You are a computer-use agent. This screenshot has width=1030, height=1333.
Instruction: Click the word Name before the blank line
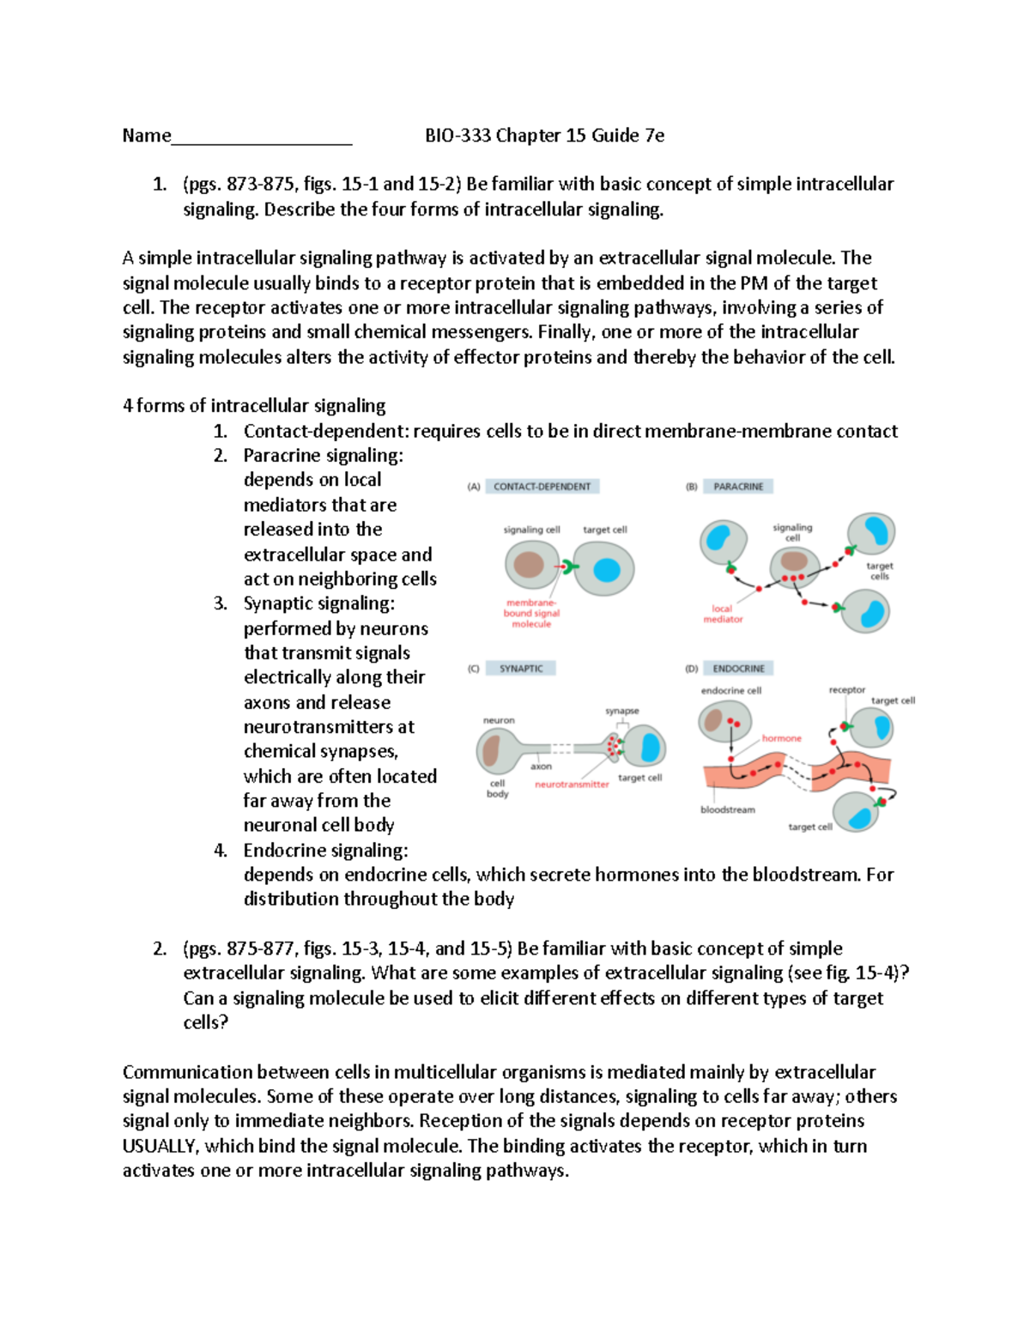[146, 136]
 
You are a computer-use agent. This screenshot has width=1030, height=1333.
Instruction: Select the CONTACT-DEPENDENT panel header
[542, 487]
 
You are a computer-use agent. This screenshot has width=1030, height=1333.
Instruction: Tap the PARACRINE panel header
[738, 487]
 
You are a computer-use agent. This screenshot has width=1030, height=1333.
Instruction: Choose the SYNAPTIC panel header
[521, 669]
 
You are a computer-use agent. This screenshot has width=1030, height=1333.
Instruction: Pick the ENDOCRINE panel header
[738, 669]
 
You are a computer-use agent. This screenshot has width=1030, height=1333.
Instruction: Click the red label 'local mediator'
[723, 614]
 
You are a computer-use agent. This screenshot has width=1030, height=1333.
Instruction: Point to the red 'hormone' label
[781, 738]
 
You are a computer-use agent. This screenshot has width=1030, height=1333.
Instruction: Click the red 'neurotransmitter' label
[572, 785]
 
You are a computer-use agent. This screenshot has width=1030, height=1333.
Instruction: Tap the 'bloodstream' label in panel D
[728, 809]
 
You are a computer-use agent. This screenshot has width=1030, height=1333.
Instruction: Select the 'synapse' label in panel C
[621, 711]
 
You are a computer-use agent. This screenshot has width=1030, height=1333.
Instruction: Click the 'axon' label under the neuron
[541, 766]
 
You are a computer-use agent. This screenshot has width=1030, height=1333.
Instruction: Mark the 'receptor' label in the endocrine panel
[846, 690]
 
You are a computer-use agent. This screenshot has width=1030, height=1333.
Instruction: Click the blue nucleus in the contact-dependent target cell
[607, 569]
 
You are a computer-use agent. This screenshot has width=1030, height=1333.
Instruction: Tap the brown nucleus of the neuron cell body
[492, 751]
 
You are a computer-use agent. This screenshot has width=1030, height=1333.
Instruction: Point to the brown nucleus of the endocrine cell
[713, 720]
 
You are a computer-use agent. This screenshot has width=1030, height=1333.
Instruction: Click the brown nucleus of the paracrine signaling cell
[794, 561]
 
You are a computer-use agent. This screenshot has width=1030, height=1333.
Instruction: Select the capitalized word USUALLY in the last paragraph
[161, 1146]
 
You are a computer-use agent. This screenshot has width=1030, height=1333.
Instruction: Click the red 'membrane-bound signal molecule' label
[531, 614]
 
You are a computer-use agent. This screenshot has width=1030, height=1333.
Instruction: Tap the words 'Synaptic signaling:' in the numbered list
[318, 603]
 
